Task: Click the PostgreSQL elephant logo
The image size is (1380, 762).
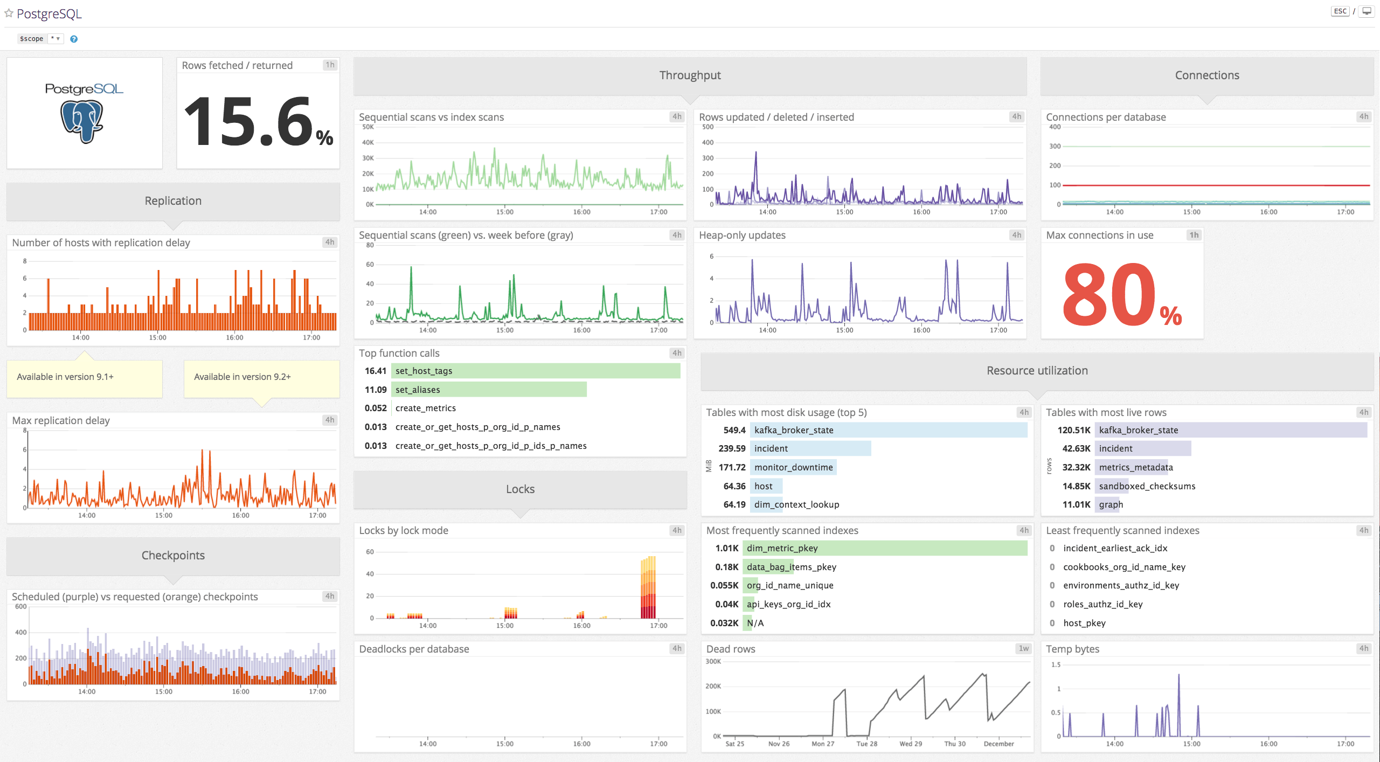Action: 82,121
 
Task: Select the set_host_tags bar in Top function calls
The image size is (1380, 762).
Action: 536,371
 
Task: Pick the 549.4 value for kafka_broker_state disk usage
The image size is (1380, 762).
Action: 734,430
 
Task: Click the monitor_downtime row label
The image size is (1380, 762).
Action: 793,467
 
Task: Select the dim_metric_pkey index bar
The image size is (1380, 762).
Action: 884,548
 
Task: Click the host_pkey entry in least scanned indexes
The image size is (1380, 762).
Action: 1084,623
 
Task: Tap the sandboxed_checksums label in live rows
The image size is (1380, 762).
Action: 1147,486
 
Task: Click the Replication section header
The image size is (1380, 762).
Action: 173,201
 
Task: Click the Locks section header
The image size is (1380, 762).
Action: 520,489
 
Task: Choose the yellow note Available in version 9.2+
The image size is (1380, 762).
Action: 261,377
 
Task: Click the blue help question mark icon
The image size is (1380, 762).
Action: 74,39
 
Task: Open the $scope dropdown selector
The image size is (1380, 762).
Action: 55,39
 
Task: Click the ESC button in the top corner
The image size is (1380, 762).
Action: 1340,11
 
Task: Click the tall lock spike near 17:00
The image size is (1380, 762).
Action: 648,587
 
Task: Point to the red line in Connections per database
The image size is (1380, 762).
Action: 1212,185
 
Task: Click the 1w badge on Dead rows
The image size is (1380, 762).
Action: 1023,649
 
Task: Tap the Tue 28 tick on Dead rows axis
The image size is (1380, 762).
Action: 866,744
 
